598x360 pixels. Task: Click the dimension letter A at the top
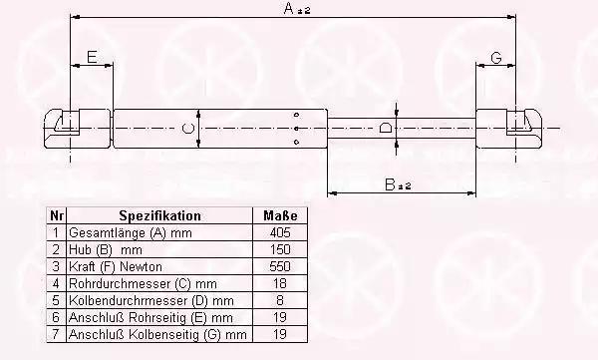click(289, 8)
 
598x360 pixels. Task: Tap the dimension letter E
click(92, 57)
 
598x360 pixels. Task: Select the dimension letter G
click(496, 58)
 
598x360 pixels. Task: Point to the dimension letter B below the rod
click(390, 184)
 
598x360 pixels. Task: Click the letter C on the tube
click(187, 129)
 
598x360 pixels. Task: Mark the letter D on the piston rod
click(385, 128)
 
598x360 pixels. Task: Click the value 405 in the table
click(280, 232)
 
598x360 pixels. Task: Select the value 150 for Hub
click(280, 249)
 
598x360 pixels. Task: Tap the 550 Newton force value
click(280, 266)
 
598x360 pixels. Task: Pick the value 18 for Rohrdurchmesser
click(280, 283)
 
